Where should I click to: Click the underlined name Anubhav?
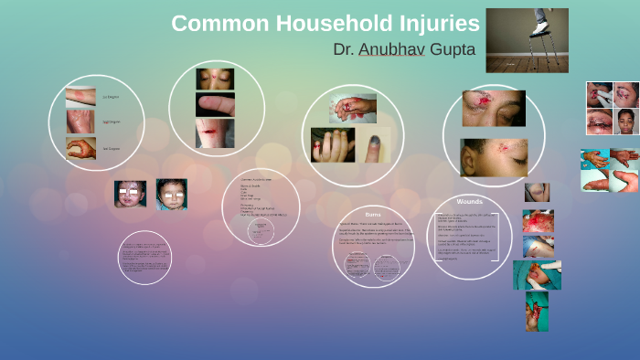[392, 49]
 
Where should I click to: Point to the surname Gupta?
[452, 49]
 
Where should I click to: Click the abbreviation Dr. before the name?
[344, 49]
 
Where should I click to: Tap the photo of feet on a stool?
[527, 40]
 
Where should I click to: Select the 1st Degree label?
[111, 96]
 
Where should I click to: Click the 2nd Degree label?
[111, 122]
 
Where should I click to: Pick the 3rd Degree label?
[111, 148]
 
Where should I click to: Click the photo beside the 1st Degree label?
[80, 96]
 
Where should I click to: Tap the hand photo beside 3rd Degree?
[80, 148]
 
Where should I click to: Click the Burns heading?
[372, 213]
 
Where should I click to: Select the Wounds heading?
[469, 201]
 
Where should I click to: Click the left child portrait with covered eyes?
[130, 194]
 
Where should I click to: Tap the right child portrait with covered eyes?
[171, 194]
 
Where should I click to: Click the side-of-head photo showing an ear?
[493, 157]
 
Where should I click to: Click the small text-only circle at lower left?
[144, 257]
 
